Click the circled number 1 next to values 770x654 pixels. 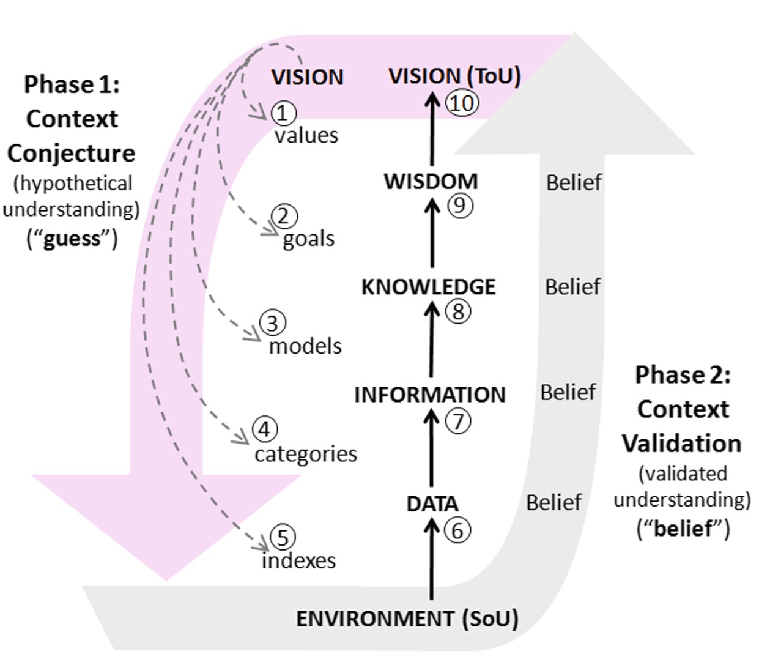click(283, 113)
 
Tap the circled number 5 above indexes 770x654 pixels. click(283, 538)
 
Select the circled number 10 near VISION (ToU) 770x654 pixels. click(462, 103)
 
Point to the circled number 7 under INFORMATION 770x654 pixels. click(458, 421)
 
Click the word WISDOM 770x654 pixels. click(431, 182)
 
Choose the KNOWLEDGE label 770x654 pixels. click(428, 287)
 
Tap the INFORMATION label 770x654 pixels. click(429, 395)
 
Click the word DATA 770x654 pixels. click(432, 504)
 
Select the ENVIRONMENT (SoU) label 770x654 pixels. click(407, 619)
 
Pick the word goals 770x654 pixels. click(308, 239)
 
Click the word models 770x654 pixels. click(305, 346)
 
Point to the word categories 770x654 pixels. click(306, 454)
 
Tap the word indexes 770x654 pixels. click(298, 560)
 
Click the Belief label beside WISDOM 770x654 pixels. click(574, 182)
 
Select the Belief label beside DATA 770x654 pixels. click(553, 502)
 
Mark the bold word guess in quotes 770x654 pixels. click(72, 238)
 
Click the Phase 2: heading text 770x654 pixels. click(683, 374)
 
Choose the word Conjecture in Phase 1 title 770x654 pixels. click(71, 153)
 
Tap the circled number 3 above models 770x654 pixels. click(273, 323)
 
